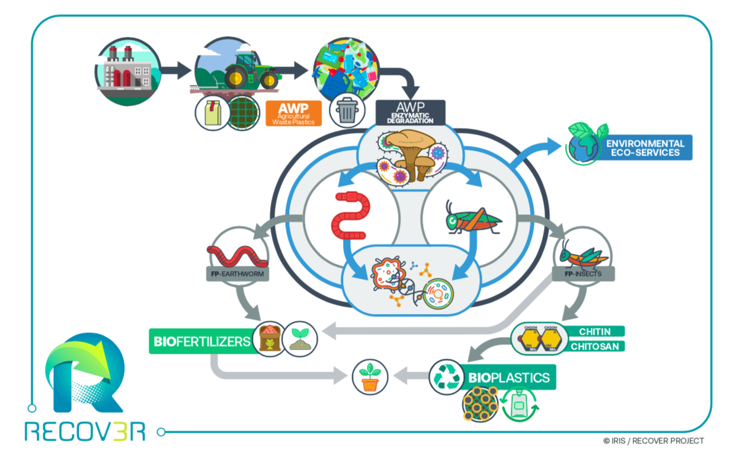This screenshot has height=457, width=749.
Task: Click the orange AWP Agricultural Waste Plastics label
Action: tap(293, 113)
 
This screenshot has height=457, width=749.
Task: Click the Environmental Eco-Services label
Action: tap(646, 148)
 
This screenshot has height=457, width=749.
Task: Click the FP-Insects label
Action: tap(583, 274)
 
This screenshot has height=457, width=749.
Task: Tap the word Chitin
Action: tap(594, 331)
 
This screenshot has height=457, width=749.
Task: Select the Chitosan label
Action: tap(594, 345)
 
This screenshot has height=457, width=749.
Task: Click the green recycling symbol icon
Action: tap(446, 377)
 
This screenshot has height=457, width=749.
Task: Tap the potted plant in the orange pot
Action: tap(370, 376)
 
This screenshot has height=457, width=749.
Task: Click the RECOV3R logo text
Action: tap(85, 431)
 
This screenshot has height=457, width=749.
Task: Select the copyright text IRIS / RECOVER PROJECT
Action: tap(653, 440)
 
